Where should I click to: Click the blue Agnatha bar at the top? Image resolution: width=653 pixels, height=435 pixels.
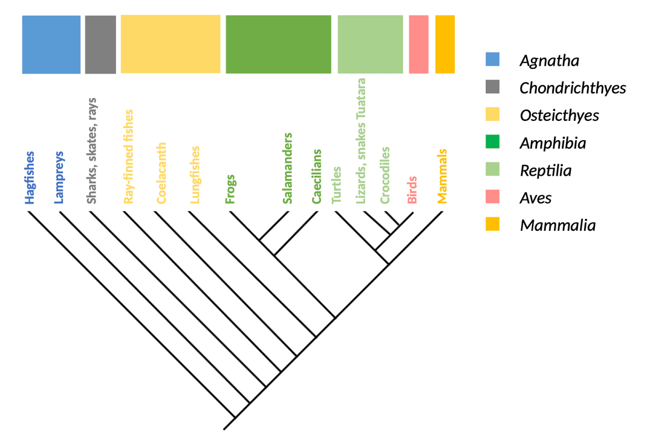[x=51, y=45]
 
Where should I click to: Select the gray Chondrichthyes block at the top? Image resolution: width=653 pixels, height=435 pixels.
[x=100, y=45]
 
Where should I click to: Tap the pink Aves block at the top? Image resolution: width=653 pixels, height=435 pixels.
[x=418, y=45]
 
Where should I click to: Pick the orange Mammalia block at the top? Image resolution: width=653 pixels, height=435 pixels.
[x=445, y=45]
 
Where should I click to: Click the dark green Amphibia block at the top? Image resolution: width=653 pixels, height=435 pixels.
[x=278, y=45]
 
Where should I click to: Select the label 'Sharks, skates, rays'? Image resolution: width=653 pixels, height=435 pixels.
[x=92, y=150]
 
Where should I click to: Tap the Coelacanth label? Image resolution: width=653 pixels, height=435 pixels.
[x=161, y=173]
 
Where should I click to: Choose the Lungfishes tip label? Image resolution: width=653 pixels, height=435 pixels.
[x=195, y=175]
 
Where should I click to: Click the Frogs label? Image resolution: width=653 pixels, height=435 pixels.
[x=230, y=188]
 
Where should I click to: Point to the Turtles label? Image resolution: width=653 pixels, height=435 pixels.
[x=337, y=185]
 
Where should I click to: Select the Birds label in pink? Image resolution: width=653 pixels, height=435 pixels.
[x=412, y=190]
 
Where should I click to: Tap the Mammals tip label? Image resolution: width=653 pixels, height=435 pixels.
[x=442, y=176]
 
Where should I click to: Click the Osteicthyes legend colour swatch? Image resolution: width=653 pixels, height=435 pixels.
[x=492, y=114]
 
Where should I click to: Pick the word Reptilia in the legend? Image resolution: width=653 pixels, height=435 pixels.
[x=545, y=170]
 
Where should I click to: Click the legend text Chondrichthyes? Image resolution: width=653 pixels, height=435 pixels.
[x=572, y=88]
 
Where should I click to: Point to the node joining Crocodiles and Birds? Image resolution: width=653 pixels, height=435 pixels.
[x=398, y=226]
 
